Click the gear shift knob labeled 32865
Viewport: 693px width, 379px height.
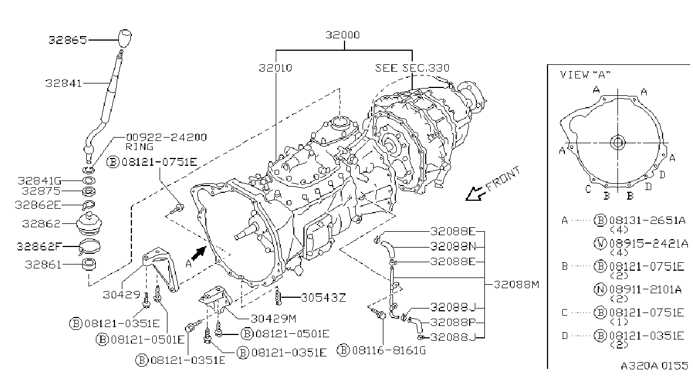coord(125,38)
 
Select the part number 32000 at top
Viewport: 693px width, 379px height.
coord(342,35)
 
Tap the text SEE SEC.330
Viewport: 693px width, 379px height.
coord(412,68)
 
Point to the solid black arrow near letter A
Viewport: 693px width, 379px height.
coord(199,253)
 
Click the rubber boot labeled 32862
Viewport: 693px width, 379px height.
coord(89,224)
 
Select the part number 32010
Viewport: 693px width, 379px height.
coord(275,68)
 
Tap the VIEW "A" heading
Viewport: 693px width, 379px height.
coord(585,74)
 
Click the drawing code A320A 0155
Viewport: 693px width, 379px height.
coord(654,366)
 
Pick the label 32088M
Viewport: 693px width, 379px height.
coord(517,284)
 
